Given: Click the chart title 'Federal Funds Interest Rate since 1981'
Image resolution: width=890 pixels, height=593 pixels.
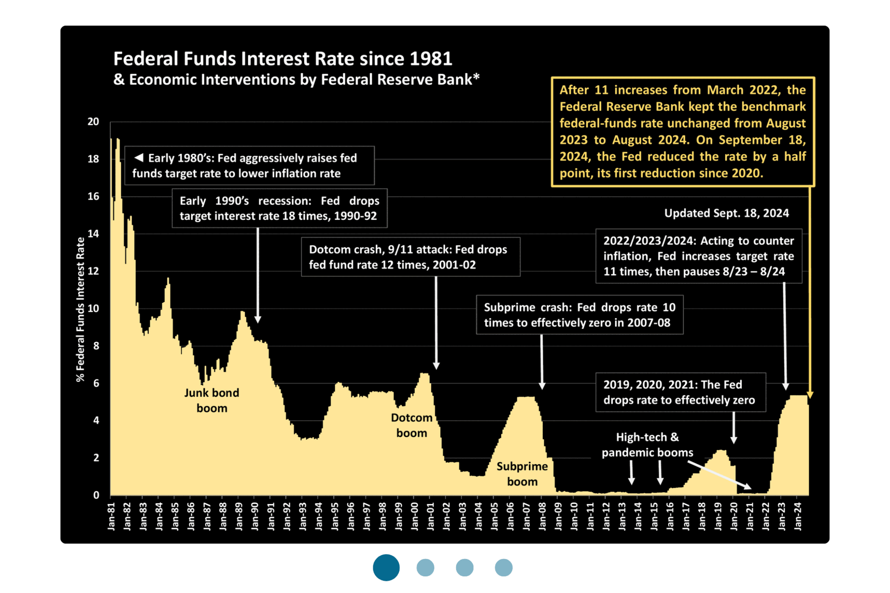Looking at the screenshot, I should pos(282,59).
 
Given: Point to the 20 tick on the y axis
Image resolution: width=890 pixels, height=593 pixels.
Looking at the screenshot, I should pos(93,122).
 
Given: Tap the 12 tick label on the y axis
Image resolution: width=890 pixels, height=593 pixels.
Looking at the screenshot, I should pos(93,271).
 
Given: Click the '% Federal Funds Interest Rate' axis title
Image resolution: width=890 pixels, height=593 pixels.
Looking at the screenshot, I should pos(81,309).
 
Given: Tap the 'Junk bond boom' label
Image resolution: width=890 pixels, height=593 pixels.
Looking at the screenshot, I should pos(212,400).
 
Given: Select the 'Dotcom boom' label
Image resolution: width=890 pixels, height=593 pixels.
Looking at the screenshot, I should pos(412,425).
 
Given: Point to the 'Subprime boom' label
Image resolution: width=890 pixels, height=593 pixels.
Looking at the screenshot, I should pos(522,474).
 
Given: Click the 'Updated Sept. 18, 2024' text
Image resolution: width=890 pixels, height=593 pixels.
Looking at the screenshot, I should pos(726,213).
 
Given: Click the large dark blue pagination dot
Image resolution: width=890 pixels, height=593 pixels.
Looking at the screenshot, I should pos(386,568).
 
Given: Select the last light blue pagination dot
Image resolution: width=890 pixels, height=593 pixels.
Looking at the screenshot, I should pos(503,568).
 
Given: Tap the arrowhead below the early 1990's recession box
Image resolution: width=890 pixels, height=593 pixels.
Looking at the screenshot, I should pos(258,320).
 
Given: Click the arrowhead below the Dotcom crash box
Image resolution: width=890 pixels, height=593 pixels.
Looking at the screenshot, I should pos(436,366).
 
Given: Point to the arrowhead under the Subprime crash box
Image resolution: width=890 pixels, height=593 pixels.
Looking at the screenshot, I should pos(542,386).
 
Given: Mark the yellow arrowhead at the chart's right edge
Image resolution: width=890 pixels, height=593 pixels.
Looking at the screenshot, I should pos(810,395).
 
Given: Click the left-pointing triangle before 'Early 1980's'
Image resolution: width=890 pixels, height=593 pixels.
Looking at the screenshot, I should pos(139,158).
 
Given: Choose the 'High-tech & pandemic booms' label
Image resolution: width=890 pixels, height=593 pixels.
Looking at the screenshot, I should pos(647,445).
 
